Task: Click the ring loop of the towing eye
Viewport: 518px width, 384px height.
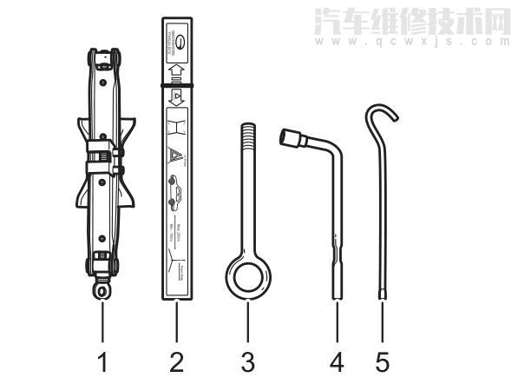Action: (x=247, y=275)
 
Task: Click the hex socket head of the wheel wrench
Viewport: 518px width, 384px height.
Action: (x=288, y=138)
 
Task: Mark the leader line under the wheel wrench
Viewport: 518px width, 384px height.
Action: (x=334, y=321)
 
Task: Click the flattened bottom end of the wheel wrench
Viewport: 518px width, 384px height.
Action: (x=335, y=287)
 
